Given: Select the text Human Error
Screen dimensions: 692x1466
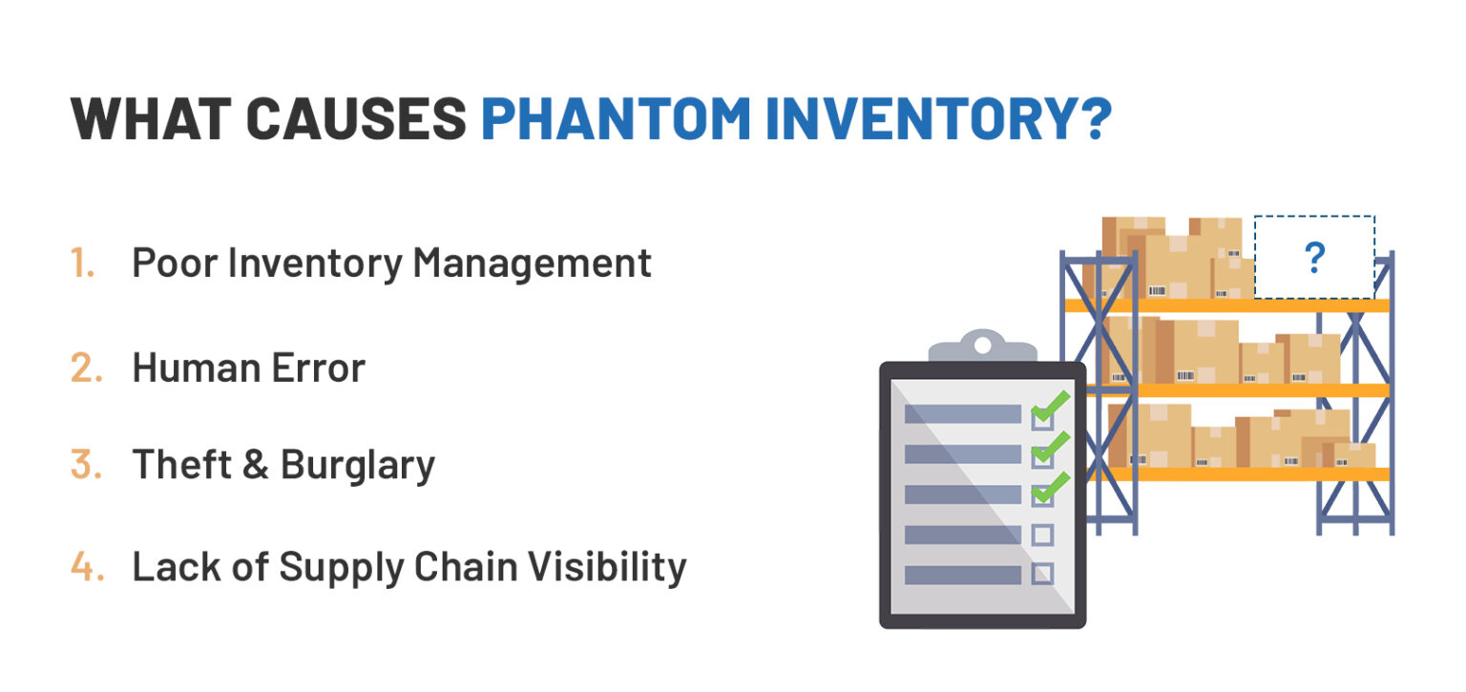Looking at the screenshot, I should pos(248,367).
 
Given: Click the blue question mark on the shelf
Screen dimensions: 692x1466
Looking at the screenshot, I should pos(1314,258).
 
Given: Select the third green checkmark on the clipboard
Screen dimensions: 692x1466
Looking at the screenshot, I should pos(1049,489).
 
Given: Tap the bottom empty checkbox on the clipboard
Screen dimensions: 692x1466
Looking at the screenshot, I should pos(1042,575).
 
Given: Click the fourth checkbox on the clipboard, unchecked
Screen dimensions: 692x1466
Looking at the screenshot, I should pos(1042,535).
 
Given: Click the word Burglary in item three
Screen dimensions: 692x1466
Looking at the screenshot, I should pos(358,465).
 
